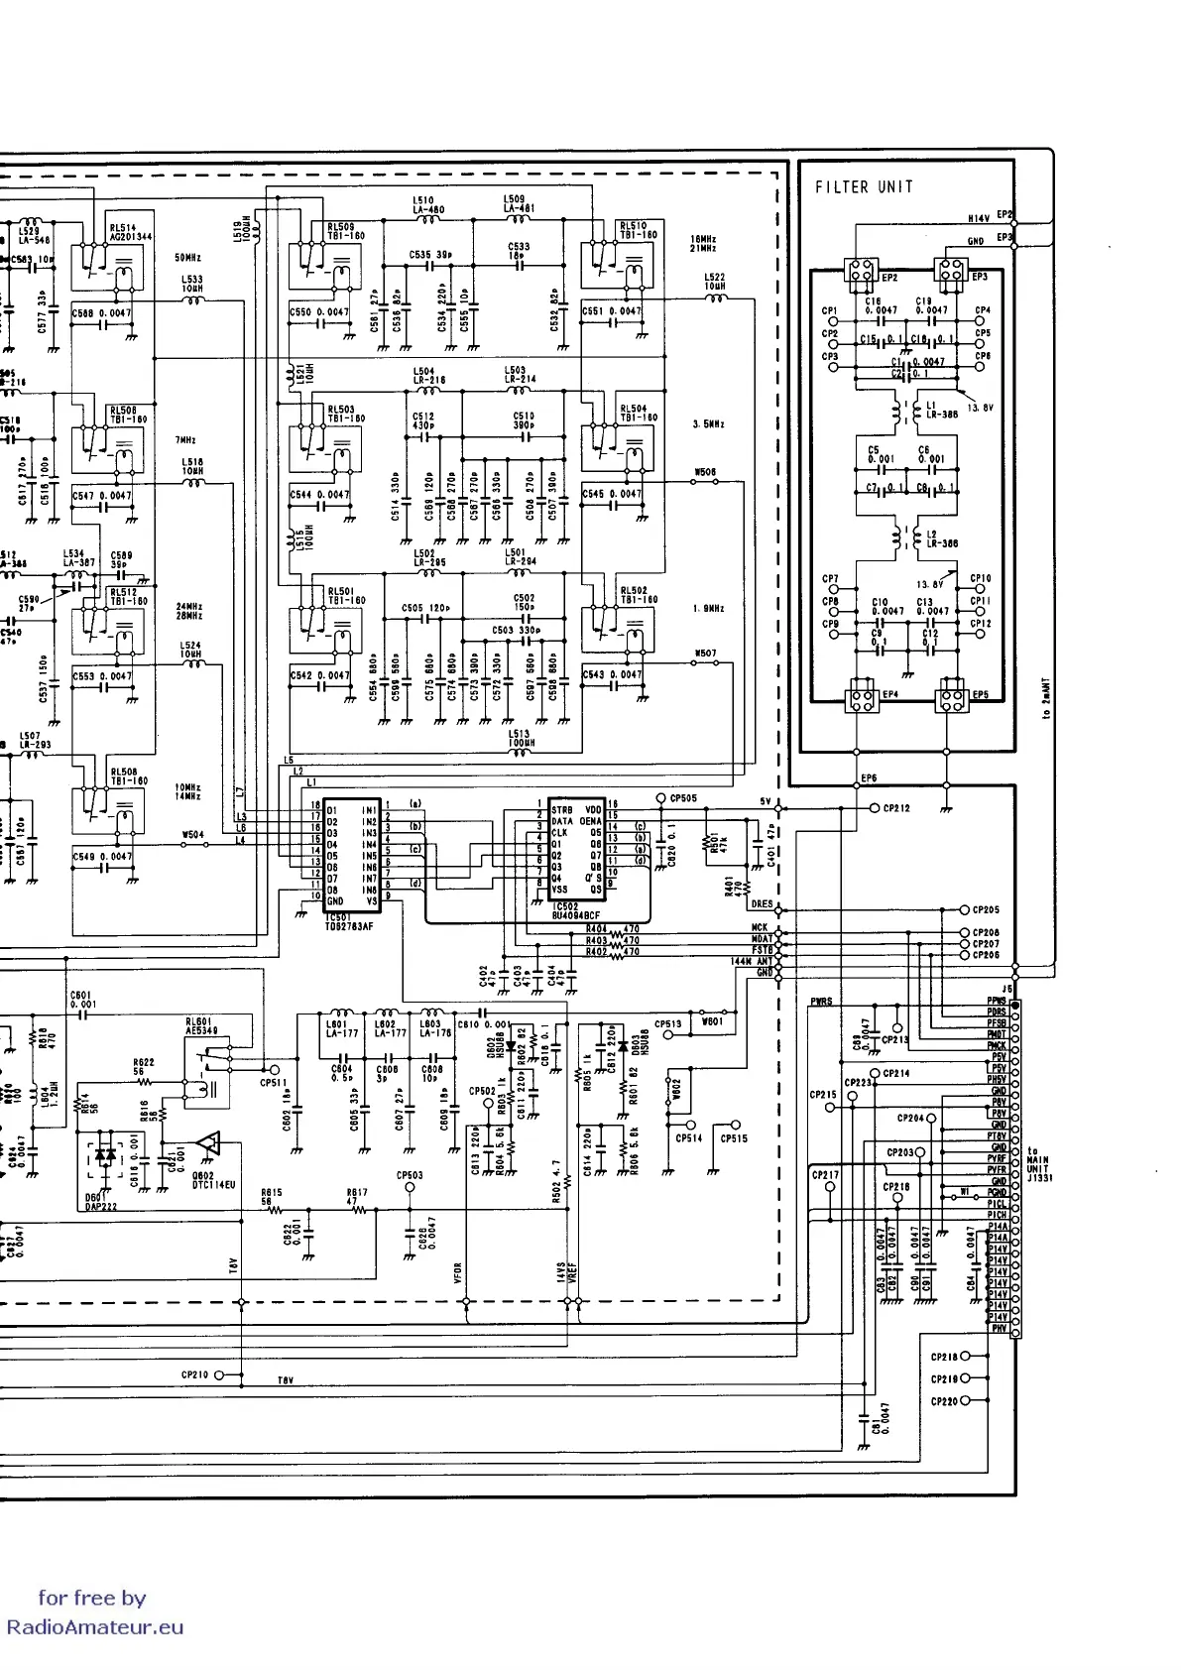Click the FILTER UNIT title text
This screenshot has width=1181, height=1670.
click(x=864, y=186)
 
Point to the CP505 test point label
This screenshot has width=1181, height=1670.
click(x=684, y=798)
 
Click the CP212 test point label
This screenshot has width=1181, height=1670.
click(x=896, y=808)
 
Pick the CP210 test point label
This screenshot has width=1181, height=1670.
click(x=195, y=1374)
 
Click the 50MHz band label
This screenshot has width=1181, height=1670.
click(x=188, y=257)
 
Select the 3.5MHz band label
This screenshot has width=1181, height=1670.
click(x=708, y=423)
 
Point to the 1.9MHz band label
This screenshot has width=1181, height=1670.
click(x=708, y=609)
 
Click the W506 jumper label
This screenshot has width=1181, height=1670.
click(x=706, y=472)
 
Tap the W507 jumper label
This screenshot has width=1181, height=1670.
click(x=706, y=654)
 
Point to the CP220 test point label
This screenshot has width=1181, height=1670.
click(x=944, y=1401)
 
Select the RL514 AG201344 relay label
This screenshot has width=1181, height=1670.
click(x=130, y=232)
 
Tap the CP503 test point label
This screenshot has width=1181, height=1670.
click(x=410, y=1175)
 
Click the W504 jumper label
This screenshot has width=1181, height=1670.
click(x=193, y=834)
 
